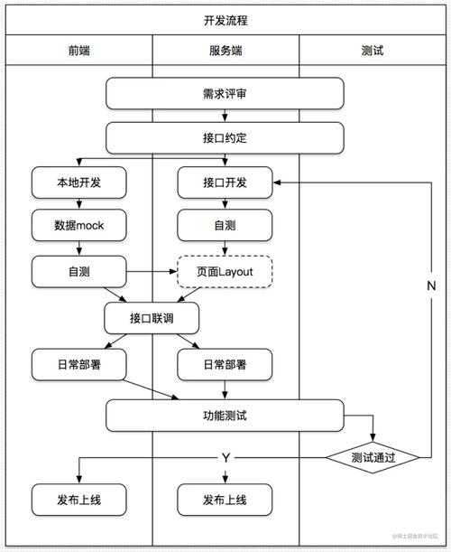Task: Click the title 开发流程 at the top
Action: coord(225,20)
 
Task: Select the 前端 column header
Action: coord(78,51)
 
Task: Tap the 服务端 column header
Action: coord(225,51)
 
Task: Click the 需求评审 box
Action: coord(225,93)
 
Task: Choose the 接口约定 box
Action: coord(225,138)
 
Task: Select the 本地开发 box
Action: coord(78,182)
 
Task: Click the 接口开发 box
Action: coord(225,182)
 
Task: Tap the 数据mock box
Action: coord(78,226)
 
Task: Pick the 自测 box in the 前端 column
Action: coord(78,270)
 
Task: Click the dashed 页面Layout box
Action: coord(225,270)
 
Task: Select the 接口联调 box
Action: coord(152,318)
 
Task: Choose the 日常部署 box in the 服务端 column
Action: coord(225,365)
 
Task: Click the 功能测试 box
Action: coord(225,416)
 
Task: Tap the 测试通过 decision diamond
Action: coord(373,457)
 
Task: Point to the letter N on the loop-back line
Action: coord(431,285)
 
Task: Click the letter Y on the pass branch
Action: coord(225,458)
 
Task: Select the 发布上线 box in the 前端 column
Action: coord(78,499)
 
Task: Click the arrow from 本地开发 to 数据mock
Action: coord(78,204)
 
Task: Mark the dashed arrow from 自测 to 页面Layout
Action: coord(151,270)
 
